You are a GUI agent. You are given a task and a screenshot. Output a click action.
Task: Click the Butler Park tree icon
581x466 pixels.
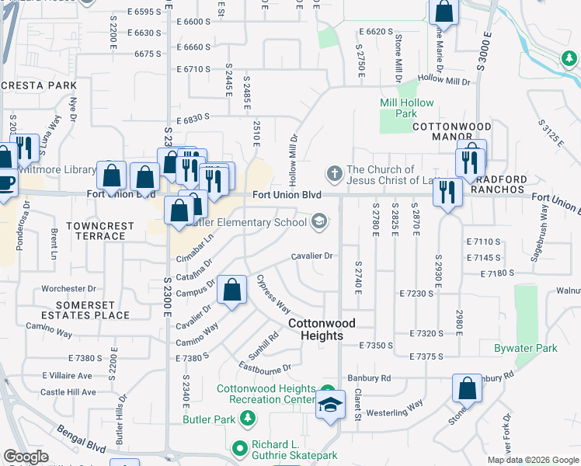[x=248, y=419]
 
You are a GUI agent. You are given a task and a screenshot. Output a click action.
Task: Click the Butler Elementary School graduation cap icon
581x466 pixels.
[x=318, y=222]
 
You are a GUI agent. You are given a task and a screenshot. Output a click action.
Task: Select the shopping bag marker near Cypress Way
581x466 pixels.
[x=232, y=291]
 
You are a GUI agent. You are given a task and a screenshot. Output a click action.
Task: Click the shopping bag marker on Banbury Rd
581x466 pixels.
[x=467, y=390]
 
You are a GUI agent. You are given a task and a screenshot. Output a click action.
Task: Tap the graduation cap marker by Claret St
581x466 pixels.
[x=330, y=405]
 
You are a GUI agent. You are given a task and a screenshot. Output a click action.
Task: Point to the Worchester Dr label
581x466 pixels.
[x=68, y=288]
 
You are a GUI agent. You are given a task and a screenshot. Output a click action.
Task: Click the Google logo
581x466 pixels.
[x=26, y=457]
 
